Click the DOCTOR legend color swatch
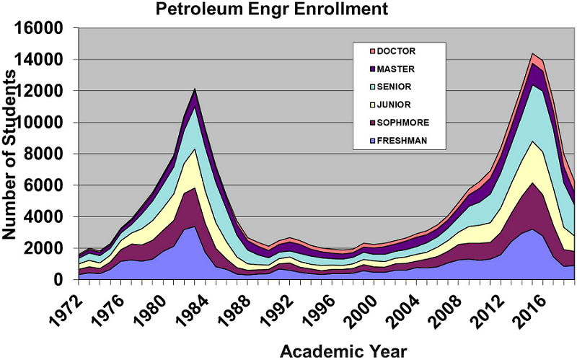(373, 51)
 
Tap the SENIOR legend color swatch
(373, 87)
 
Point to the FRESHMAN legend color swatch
(373, 141)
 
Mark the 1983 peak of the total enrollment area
(194, 89)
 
